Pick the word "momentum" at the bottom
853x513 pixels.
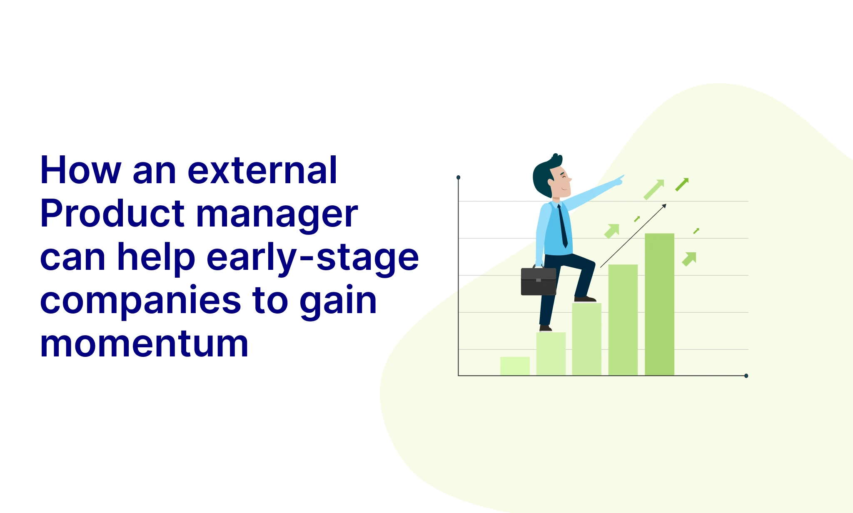click(144, 344)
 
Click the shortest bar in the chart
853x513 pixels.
click(515, 366)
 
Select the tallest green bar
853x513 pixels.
click(659, 304)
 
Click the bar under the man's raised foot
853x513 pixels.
click(586, 339)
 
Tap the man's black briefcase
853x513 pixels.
click(539, 281)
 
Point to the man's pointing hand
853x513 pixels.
click(619, 180)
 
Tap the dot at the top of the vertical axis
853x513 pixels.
click(458, 177)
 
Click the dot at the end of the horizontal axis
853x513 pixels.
click(746, 376)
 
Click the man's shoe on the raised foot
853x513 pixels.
click(585, 299)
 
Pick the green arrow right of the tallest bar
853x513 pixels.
click(689, 259)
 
